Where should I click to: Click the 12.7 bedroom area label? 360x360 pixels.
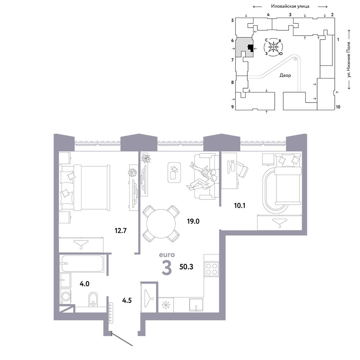tap(121, 230)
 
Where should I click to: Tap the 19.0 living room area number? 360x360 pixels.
tap(193, 221)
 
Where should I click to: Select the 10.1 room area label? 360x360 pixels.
tap(240, 206)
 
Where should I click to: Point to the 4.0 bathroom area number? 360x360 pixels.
tap(85, 284)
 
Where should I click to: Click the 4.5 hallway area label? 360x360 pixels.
tap(127, 300)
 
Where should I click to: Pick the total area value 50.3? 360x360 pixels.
tap(186, 267)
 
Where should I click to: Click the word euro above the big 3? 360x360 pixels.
tap(167, 255)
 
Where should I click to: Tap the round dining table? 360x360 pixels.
tap(161, 224)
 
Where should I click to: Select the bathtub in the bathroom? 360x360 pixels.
tap(82, 263)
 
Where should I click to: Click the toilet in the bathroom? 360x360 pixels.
tap(93, 299)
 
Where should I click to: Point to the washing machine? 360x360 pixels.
tap(66, 297)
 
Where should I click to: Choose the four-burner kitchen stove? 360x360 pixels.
tap(211, 269)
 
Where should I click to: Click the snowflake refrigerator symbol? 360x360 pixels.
tap(165, 305)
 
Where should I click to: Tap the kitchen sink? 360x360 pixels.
tap(196, 305)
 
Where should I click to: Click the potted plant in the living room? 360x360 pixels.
tap(146, 158)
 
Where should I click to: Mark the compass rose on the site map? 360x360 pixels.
tap(273, 47)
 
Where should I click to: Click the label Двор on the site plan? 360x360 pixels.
tap(285, 75)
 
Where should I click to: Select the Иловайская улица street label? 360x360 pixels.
tap(290, 6)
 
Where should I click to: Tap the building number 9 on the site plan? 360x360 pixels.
tap(233, 107)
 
